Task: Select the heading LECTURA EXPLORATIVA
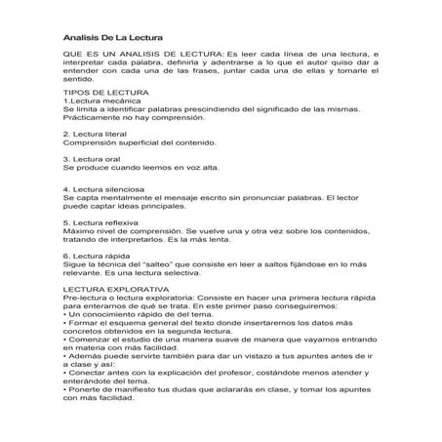point(112,290)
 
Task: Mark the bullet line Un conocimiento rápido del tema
point(136,316)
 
